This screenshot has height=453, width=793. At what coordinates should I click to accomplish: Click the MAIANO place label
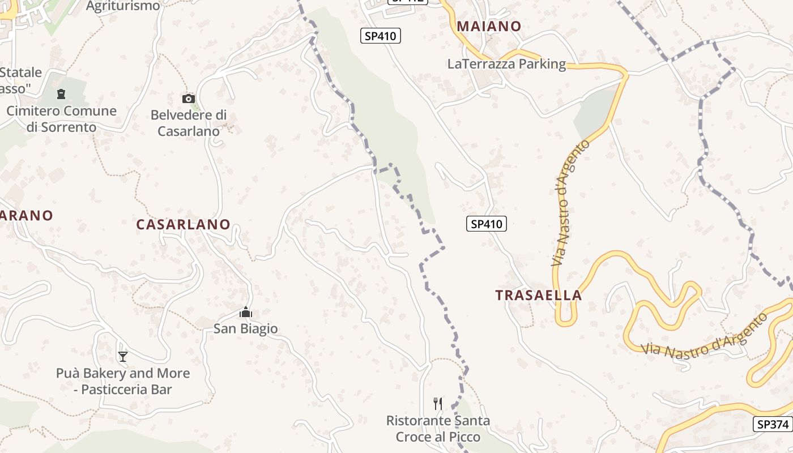(489, 26)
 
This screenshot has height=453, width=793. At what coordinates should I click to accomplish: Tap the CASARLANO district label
(183, 224)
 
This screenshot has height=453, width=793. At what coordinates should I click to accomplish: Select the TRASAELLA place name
(538, 295)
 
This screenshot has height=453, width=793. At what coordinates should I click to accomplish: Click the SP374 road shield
(772, 424)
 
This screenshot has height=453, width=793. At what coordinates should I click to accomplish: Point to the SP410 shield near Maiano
(381, 36)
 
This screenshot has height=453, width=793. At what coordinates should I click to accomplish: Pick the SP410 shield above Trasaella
(487, 224)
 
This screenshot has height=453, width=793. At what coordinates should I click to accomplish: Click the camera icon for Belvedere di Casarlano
(189, 99)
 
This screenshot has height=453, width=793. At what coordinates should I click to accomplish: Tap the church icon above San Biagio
(246, 313)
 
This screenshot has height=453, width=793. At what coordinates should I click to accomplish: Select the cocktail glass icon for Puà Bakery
(123, 356)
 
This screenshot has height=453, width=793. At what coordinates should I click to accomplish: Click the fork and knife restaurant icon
(437, 403)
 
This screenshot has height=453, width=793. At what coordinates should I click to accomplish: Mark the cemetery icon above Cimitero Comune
(61, 94)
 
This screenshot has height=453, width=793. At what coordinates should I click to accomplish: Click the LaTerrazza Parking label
(506, 64)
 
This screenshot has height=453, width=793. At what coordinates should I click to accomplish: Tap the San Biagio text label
(245, 328)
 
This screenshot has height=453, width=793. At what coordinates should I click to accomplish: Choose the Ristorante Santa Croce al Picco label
(438, 429)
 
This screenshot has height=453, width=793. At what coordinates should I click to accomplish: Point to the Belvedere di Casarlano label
(189, 123)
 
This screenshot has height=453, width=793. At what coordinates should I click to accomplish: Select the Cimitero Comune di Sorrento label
(61, 119)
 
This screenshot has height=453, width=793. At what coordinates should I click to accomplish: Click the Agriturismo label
(123, 6)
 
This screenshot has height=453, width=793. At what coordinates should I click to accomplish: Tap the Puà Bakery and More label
(123, 381)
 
